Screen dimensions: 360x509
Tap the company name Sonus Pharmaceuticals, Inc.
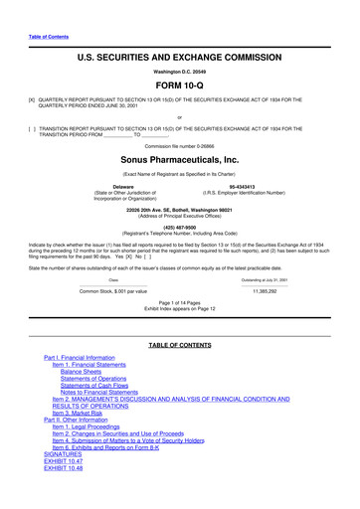tap(179, 158)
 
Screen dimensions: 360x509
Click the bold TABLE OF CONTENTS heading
tap(179, 344)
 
